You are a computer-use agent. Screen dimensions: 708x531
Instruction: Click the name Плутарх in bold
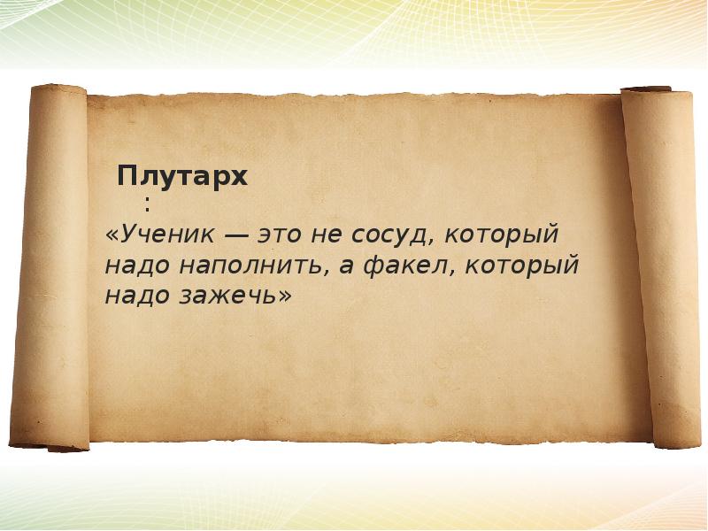point(182,176)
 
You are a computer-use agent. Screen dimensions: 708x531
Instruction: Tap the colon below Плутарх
point(147,204)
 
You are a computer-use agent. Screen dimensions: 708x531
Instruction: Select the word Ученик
point(168,235)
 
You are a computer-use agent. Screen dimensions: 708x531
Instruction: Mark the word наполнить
point(252,265)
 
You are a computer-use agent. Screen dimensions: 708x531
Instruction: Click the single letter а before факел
point(345,266)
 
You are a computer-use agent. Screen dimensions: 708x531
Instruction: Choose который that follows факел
point(521,266)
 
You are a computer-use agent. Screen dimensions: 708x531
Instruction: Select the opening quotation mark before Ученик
point(112,236)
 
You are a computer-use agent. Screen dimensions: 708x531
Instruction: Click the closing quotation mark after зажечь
point(285,296)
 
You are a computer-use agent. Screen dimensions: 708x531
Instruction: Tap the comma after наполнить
point(328,273)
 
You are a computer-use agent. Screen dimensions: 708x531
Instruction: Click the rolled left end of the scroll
point(50,267)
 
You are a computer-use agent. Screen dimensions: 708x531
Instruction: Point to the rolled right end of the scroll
point(660,267)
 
